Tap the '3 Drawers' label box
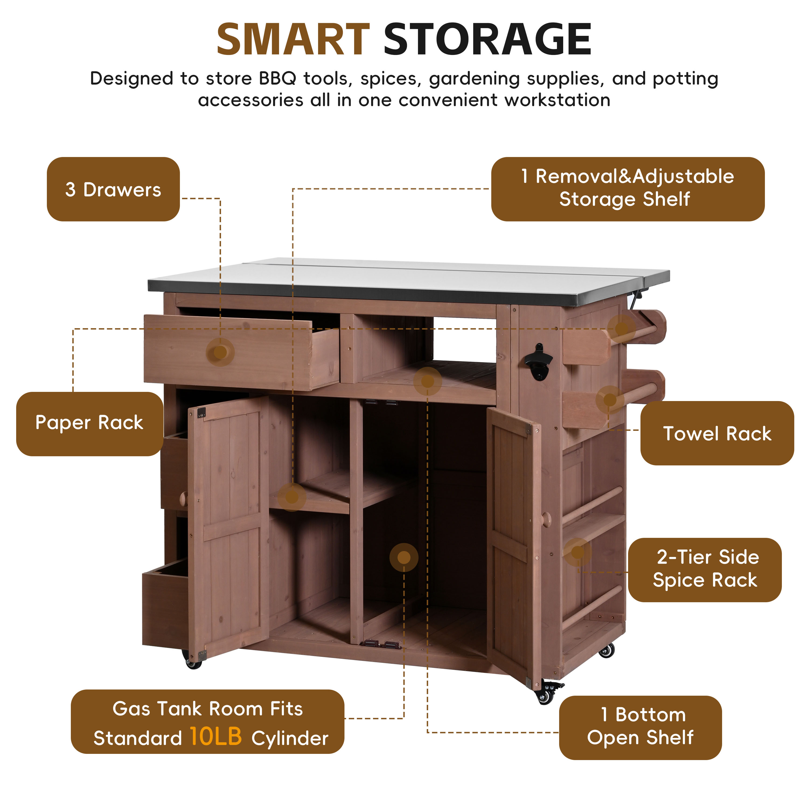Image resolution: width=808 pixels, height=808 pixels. click(113, 189)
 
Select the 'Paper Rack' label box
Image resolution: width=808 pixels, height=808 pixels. click(89, 424)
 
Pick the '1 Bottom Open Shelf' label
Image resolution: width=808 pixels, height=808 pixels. click(640, 728)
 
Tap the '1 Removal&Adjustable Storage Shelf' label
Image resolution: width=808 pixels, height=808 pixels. click(628, 189)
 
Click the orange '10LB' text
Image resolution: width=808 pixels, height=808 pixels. click(216, 736)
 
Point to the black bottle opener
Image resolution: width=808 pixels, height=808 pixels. click(539, 362)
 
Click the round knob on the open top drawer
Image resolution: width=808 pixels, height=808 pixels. click(220, 352)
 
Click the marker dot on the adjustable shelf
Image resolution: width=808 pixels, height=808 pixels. click(292, 497)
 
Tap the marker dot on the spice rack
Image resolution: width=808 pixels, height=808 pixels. click(577, 552)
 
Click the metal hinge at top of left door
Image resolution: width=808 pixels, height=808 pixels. click(201, 413)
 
